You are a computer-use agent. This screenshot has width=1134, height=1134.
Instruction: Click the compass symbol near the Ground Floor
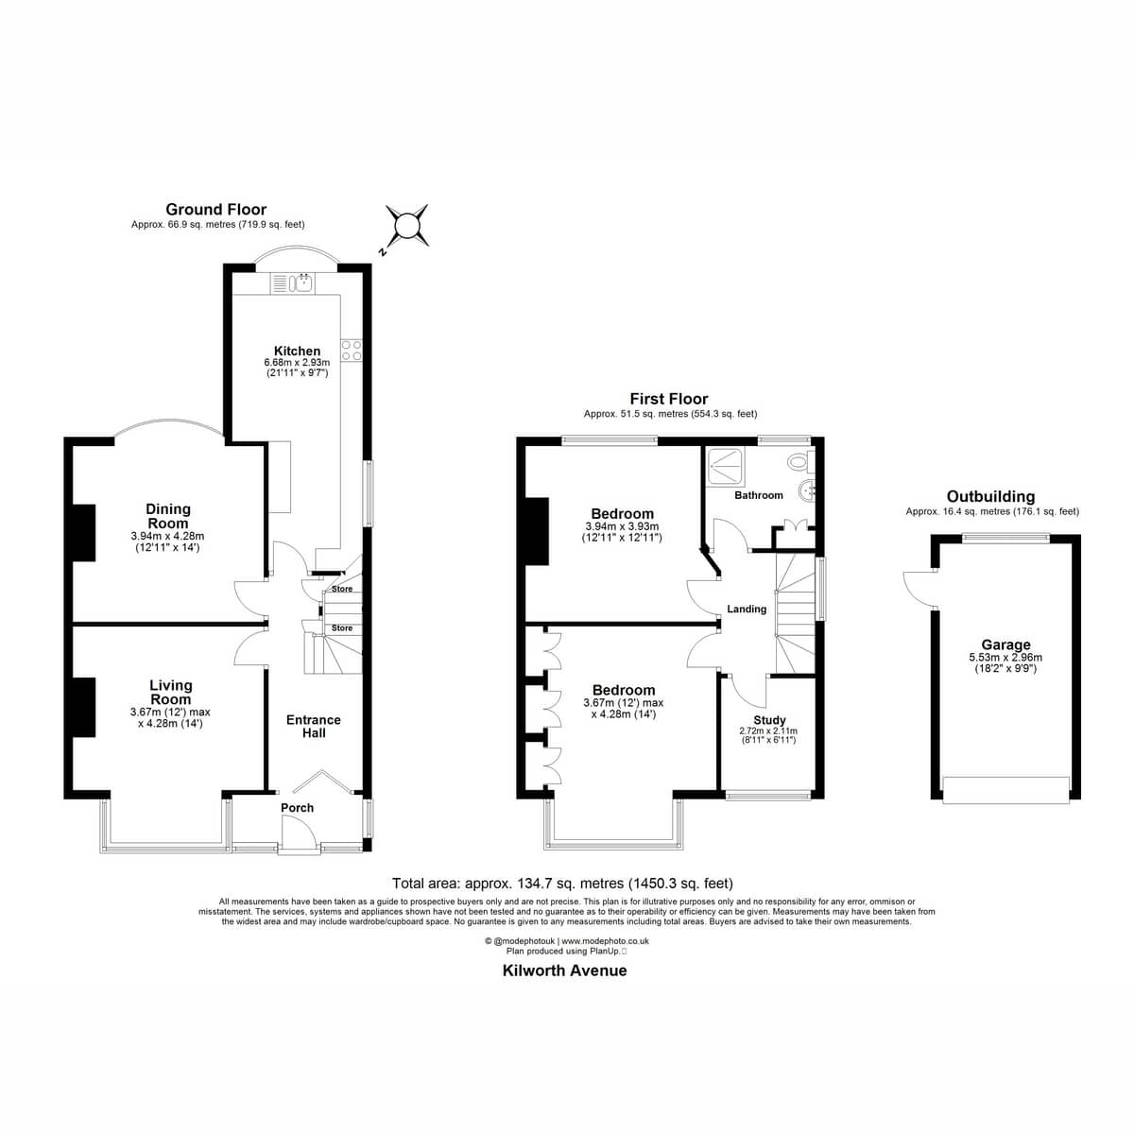(x=406, y=226)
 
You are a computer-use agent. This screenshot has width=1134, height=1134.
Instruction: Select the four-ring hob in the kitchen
(x=352, y=350)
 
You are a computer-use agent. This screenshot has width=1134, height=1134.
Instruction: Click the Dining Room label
(x=167, y=516)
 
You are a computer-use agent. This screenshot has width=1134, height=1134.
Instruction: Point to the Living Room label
(x=171, y=692)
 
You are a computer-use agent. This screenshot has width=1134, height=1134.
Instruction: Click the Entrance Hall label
(x=314, y=726)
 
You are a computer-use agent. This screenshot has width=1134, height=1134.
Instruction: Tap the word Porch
(x=297, y=808)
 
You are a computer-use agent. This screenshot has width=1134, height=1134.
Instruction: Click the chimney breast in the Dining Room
(x=83, y=533)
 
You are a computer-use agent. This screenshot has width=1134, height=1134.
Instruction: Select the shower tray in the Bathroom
(x=726, y=467)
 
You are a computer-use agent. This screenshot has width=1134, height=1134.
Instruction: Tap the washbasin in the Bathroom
(x=807, y=490)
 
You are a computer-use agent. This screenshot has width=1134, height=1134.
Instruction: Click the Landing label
(x=747, y=610)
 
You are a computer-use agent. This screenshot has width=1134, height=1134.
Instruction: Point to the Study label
(x=770, y=720)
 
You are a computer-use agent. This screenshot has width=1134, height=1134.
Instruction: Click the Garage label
(x=1005, y=645)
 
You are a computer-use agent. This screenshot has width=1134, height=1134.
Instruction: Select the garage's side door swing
(x=919, y=589)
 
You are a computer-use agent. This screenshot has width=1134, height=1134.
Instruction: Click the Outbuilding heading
(x=990, y=497)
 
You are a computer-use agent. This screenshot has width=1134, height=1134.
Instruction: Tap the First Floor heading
(x=669, y=399)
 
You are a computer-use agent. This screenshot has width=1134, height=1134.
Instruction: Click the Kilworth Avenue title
(x=565, y=971)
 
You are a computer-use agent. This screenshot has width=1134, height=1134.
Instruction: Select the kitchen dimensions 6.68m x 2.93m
(x=297, y=363)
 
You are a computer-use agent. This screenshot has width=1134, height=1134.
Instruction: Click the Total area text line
(x=562, y=884)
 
